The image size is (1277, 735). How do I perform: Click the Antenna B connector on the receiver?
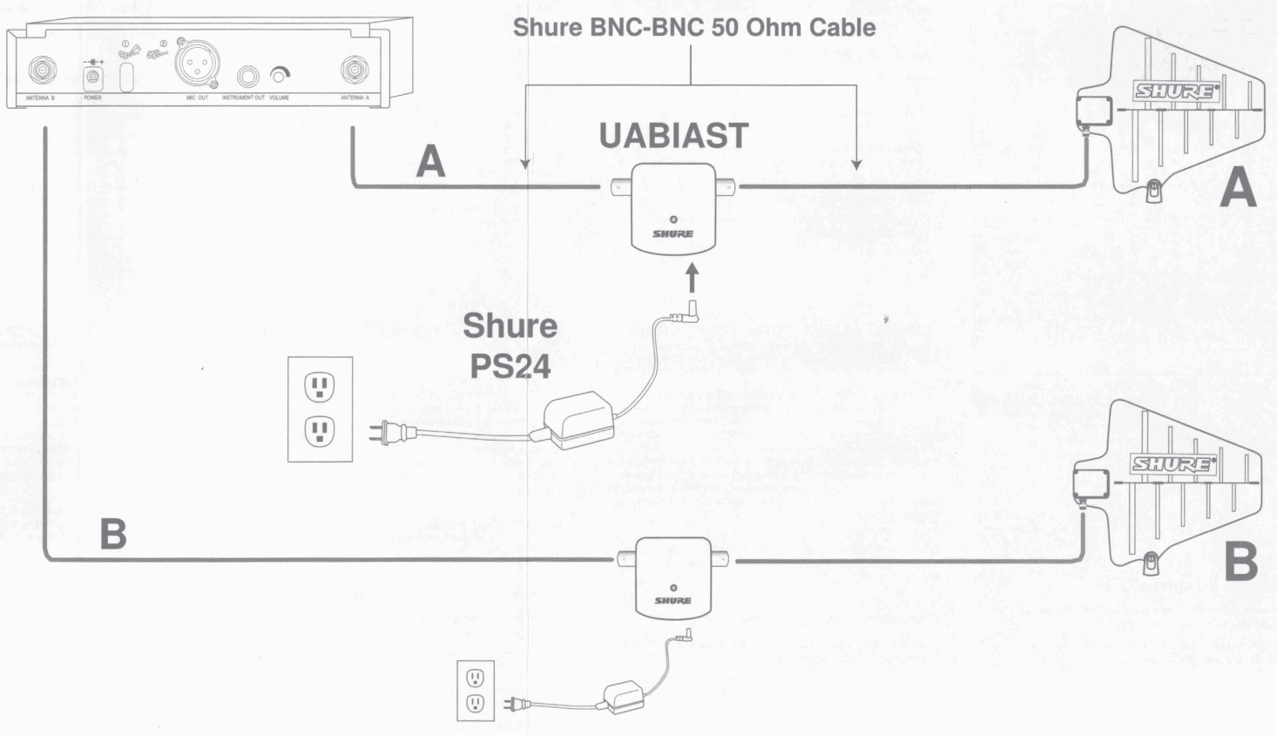point(41,70)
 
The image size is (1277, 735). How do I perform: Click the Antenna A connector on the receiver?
point(355,70)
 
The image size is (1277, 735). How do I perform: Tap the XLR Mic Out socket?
point(197,64)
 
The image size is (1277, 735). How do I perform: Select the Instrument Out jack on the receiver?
point(251,76)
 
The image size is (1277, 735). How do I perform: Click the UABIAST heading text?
point(673,136)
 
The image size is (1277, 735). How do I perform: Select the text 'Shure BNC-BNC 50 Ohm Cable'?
point(694,27)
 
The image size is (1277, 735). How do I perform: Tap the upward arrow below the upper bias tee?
point(693,279)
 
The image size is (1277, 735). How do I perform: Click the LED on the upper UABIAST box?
point(673,219)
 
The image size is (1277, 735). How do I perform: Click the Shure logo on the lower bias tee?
point(672,601)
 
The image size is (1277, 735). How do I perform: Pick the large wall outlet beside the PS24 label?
point(320,408)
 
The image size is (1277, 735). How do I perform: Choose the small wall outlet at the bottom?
point(476,691)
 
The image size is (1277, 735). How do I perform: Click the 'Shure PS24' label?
point(510,346)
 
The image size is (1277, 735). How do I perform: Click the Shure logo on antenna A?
point(1174,91)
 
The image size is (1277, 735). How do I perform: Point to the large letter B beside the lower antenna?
point(1240,563)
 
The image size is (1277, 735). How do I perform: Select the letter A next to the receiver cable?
point(430,162)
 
